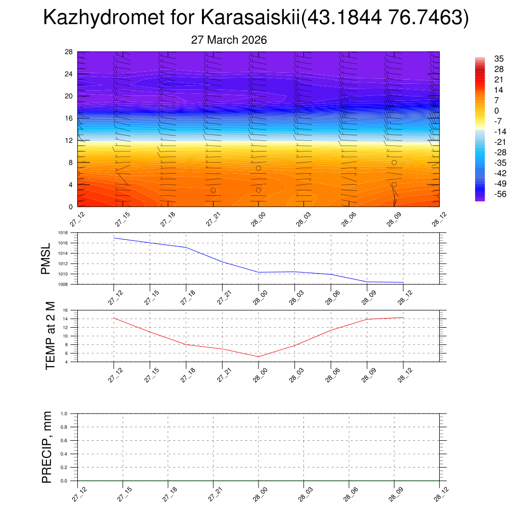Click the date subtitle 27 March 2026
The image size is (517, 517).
229,40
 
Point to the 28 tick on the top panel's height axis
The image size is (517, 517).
69,52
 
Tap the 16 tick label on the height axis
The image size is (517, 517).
69,118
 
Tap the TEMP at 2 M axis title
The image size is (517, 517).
50,336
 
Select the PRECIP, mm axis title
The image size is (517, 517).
47,447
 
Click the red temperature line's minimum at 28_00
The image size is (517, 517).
258,357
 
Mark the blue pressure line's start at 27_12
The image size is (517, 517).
115,238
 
